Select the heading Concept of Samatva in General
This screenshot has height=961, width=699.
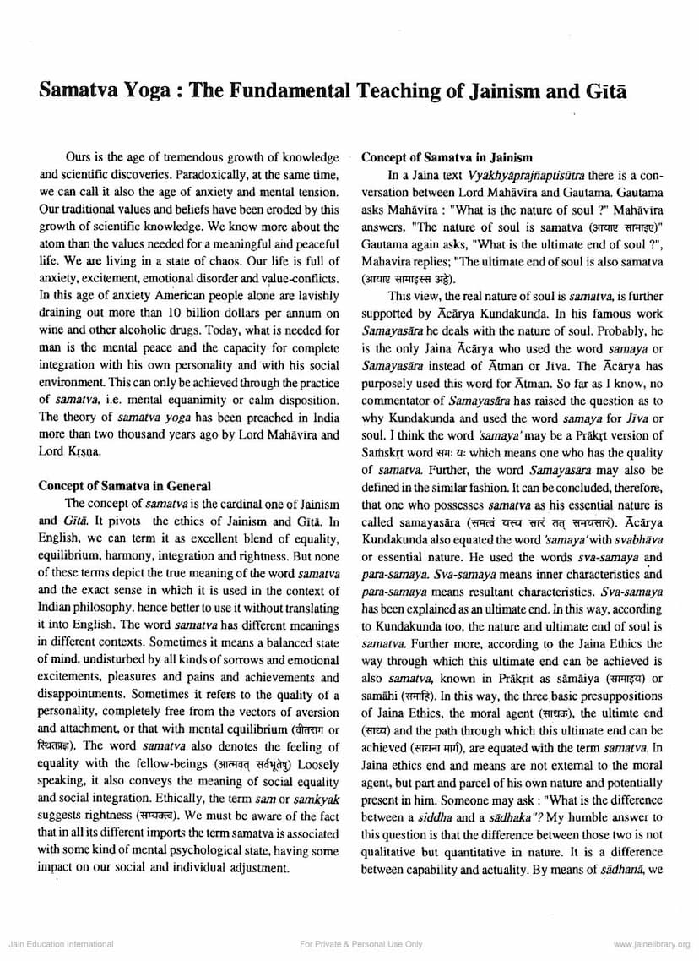pyautogui.click(x=125, y=486)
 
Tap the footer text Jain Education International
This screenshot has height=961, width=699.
pyautogui.click(x=60, y=943)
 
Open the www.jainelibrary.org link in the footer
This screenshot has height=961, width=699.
pyautogui.click(x=652, y=943)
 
